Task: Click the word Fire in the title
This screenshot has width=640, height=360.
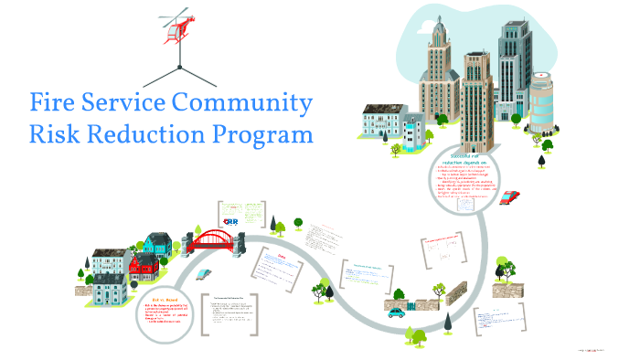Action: [57, 102]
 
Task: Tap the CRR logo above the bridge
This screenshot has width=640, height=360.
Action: [230, 220]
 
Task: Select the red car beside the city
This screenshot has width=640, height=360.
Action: [510, 196]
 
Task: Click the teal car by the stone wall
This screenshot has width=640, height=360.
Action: [395, 312]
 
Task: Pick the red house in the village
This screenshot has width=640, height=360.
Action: [144, 266]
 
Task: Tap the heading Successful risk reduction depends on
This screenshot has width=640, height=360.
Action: [465, 159]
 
